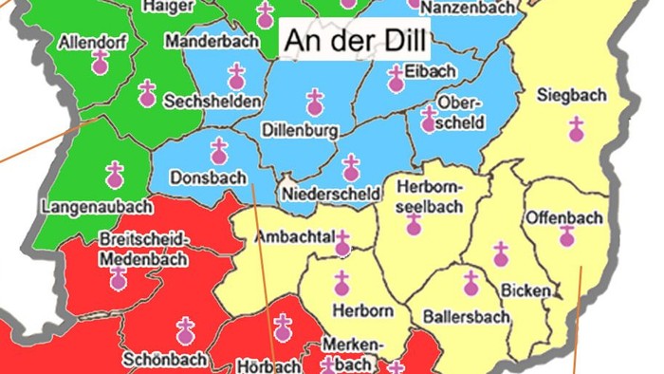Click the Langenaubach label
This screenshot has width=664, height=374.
point(84,205)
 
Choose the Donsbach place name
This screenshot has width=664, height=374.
point(208,178)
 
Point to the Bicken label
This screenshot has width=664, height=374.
point(525,288)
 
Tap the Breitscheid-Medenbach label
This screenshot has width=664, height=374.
point(144,245)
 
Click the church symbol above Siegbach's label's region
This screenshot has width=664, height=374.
point(576,128)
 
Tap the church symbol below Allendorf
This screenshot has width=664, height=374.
point(100,63)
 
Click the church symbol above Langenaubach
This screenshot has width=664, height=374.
point(116,173)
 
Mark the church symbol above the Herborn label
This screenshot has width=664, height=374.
point(341,281)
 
